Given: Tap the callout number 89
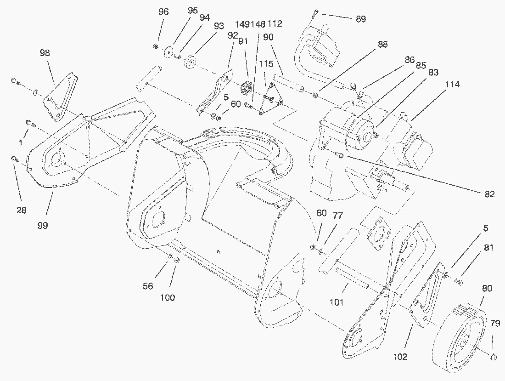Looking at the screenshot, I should (x=361, y=19).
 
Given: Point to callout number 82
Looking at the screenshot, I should (x=489, y=194).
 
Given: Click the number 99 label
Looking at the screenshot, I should (x=44, y=225).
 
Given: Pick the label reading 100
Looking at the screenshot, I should (x=168, y=297).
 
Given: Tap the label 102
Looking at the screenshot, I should (x=400, y=357).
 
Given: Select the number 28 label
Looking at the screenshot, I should (x=21, y=210).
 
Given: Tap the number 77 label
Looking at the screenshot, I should (x=337, y=215).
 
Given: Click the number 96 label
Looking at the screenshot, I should (x=163, y=12).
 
